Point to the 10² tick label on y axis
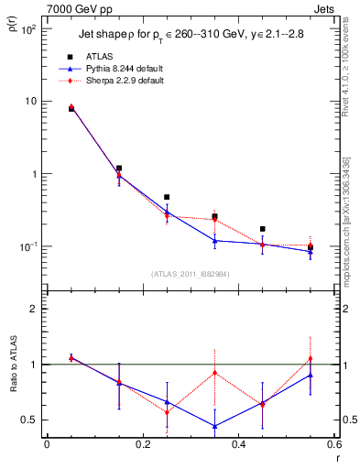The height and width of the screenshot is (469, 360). tap(29, 29)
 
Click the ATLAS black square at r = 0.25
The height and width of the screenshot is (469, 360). tap(167, 197)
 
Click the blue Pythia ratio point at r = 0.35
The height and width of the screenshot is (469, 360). tap(214, 426)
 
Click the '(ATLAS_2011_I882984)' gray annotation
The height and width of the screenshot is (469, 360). tap(190, 273)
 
